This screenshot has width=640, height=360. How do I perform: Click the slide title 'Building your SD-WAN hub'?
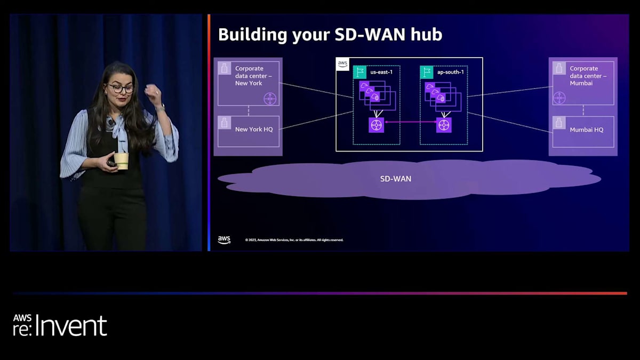tap(330, 35)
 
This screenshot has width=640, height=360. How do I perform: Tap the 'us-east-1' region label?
tap(381, 72)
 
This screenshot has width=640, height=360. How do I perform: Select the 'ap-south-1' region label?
tap(450, 72)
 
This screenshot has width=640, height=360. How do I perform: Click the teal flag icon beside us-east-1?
tap(359, 72)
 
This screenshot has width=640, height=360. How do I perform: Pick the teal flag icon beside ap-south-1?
tap(426, 72)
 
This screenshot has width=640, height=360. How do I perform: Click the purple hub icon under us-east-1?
tap(377, 125)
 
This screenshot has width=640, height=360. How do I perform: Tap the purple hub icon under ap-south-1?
tap(444, 125)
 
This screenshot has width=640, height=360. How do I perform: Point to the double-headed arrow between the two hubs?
tap(410, 123)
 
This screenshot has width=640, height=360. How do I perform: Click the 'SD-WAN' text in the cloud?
tap(395, 179)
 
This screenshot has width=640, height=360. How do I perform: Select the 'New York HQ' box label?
tap(254, 129)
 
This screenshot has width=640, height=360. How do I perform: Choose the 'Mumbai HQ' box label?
tap(586, 130)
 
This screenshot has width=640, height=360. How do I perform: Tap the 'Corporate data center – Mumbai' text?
tap(588, 76)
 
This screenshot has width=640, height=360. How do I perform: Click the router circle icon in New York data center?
tap(270, 98)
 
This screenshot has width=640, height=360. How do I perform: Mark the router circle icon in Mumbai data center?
tap(559, 98)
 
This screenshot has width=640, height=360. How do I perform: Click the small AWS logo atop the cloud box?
tap(342, 64)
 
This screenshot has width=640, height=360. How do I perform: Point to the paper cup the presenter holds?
tap(122, 161)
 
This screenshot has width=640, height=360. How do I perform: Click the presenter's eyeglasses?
tap(121, 89)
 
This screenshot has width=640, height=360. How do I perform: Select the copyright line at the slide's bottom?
tap(294, 240)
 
